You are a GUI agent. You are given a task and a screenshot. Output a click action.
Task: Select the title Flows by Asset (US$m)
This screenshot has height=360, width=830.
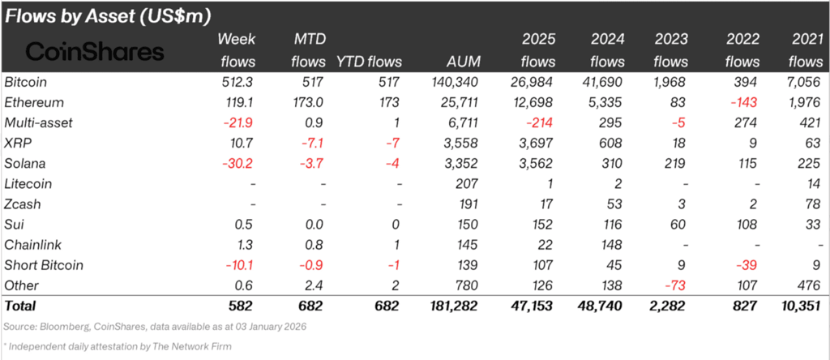pyautogui.click(x=109, y=16)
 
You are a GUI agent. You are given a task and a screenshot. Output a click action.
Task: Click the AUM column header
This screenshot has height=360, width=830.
pyautogui.click(x=463, y=62)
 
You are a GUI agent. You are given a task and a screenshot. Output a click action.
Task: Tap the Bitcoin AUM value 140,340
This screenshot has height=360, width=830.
pyautogui.click(x=454, y=83)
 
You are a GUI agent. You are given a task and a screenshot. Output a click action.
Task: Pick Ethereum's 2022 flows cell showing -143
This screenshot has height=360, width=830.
pyautogui.click(x=745, y=103)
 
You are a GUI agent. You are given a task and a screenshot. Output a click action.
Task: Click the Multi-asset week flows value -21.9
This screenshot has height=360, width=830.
pyautogui.click(x=239, y=122)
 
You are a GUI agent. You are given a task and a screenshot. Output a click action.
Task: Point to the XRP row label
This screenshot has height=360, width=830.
pyautogui.click(x=16, y=144)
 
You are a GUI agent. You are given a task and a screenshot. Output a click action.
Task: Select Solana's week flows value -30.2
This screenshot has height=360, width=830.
pyautogui.click(x=238, y=164)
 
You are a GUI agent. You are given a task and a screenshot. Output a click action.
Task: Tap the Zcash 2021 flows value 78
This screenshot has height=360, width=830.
pyautogui.click(x=812, y=204)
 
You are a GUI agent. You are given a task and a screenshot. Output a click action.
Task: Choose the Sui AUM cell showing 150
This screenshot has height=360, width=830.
pyautogui.click(x=468, y=225)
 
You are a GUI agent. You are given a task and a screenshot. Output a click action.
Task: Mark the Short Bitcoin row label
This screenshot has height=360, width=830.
pyautogui.click(x=44, y=265)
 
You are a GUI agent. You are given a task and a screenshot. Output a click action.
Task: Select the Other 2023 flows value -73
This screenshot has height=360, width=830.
pyautogui.click(x=674, y=286)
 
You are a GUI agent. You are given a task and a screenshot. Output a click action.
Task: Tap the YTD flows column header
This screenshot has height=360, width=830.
pyautogui.click(x=369, y=62)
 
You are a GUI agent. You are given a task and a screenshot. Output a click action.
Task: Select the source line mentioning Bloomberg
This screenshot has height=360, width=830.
pyautogui.click(x=155, y=327)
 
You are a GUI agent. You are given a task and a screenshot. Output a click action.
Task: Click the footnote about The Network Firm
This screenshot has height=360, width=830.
pyautogui.click(x=118, y=347)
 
